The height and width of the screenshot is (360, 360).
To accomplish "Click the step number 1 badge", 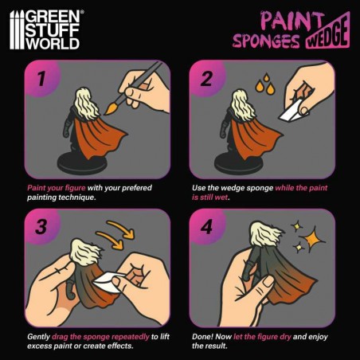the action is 41,79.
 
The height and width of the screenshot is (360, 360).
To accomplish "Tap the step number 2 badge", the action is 206,79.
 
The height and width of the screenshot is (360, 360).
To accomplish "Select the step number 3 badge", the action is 41,227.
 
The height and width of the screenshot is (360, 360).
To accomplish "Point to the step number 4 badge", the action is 206,227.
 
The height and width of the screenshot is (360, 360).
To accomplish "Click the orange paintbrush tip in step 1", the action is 111,109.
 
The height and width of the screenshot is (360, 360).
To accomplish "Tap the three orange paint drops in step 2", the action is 264,84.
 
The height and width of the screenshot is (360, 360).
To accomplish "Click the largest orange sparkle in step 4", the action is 312,239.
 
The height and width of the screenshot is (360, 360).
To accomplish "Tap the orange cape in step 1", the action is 97,138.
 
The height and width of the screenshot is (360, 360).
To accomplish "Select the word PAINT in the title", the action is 292,20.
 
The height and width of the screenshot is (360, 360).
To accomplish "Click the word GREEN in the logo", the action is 53,18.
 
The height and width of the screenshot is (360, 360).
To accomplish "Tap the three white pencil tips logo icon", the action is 17,29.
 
